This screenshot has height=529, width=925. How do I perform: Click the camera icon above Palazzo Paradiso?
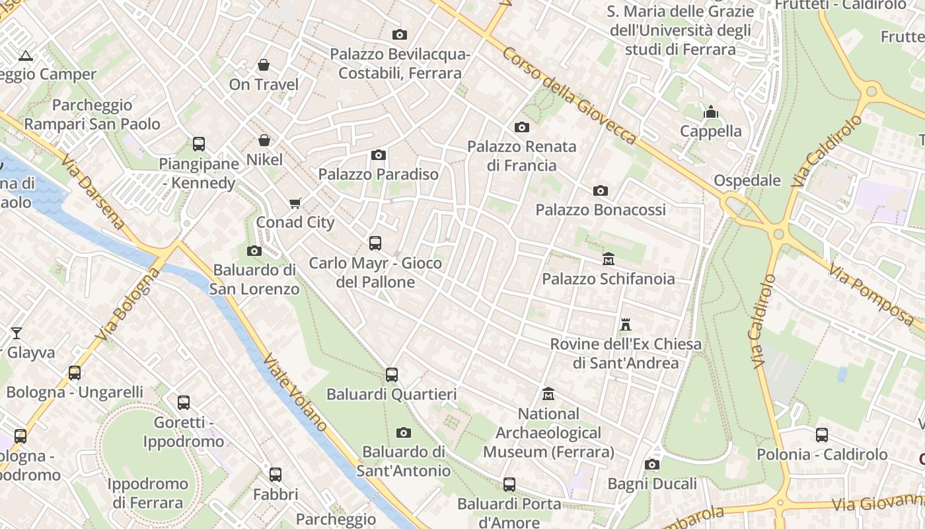379,155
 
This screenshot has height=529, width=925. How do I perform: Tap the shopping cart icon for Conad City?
295,203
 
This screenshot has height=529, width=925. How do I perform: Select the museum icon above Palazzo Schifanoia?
609,259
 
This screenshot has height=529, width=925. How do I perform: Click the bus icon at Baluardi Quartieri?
392,375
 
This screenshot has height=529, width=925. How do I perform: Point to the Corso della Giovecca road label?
570,95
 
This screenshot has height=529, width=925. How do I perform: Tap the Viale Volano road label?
295,393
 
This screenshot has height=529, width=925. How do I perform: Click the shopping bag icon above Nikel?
264,140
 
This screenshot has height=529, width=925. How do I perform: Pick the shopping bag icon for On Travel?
264,65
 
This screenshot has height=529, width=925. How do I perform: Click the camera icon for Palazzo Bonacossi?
600,191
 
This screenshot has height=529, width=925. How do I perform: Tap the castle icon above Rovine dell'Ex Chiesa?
626,325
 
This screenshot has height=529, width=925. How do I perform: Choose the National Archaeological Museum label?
548,433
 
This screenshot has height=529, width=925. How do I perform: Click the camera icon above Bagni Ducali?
652,465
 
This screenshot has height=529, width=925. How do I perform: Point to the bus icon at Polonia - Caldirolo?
822,435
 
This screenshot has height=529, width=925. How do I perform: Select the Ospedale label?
747,181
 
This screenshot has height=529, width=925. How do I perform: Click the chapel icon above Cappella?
711,112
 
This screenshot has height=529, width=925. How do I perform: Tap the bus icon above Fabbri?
276,475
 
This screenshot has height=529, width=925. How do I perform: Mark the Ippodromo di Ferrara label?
147,493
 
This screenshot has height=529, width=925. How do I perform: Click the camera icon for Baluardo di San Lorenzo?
254,251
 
